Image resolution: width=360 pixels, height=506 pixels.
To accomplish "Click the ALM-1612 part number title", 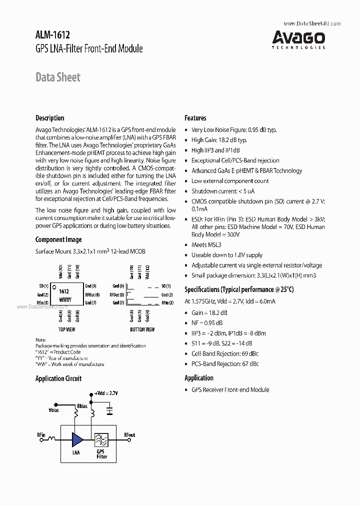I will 52,35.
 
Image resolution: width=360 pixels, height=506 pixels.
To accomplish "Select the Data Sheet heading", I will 57,77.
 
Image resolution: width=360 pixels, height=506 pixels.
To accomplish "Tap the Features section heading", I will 195,118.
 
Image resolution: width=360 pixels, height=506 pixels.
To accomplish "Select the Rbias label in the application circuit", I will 82,405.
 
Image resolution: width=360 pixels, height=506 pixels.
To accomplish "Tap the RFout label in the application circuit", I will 129,435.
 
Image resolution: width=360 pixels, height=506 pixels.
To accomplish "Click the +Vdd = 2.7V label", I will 106,394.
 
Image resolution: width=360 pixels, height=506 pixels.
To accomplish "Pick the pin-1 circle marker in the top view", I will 54,286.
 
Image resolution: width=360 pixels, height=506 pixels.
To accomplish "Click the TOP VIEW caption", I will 66,329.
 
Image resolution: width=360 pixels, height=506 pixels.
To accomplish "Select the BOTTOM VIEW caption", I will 142,329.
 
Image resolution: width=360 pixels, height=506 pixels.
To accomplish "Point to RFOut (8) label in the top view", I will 92,294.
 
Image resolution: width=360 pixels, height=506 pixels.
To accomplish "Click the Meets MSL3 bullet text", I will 206,245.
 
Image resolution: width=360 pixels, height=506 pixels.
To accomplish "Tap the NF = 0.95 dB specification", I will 207,322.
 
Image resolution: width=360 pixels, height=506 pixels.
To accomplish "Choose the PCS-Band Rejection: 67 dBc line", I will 225,363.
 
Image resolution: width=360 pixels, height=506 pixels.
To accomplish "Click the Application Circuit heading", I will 58,378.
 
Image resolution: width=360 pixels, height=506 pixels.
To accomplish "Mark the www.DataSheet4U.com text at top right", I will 304,23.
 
